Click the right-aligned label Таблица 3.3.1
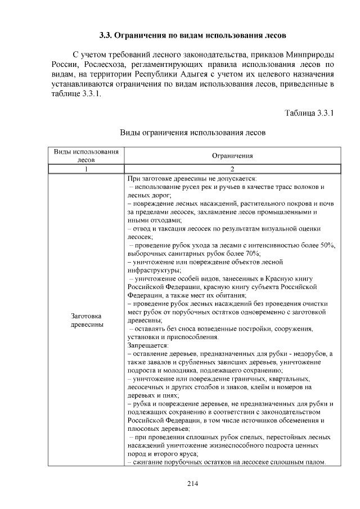[310, 114]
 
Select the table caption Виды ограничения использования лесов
[193, 133]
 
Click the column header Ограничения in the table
[232, 156]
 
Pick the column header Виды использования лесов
[86, 156]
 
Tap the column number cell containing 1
[87, 169]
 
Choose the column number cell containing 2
[232, 169]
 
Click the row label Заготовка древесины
[87, 321]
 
